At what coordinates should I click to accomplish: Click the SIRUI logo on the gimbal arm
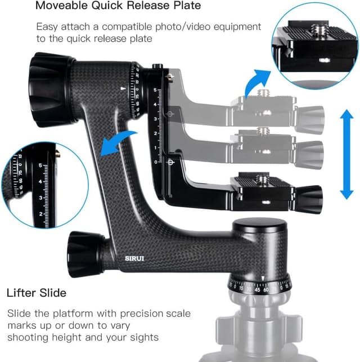pyautogui.click(x=136, y=258)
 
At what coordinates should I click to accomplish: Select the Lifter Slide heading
pyautogui.click(x=37, y=293)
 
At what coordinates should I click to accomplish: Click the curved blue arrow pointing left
pyautogui.click(x=119, y=141)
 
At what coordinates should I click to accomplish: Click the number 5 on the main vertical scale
pyautogui.click(x=155, y=90)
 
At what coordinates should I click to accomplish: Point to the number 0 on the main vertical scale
pyautogui.click(x=156, y=162)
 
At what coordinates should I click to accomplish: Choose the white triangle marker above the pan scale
pyautogui.click(x=263, y=278)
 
